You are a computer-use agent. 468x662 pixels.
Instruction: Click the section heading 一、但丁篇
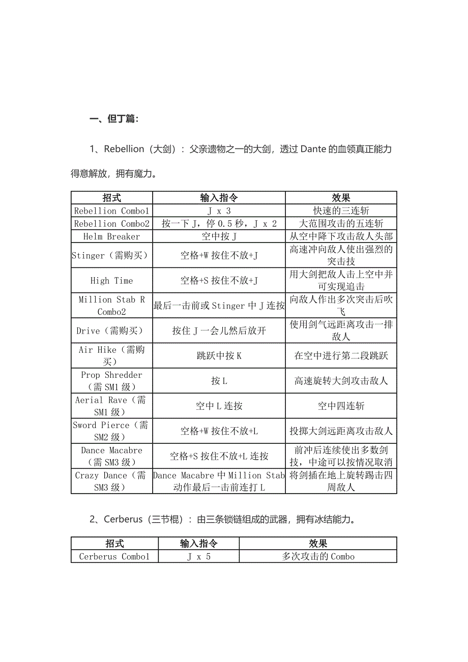pyautogui.click(x=114, y=119)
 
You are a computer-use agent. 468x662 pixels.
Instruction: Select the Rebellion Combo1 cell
pyautogui.click(x=111, y=210)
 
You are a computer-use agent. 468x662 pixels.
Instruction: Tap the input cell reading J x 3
pyautogui.click(x=219, y=210)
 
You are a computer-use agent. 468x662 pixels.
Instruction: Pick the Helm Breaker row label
pyautogui.click(x=111, y=236)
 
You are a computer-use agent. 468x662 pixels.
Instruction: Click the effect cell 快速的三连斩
pyautogui.click(x=341, y=210)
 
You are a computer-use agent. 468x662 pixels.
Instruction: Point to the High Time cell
pyautogui.click(x=111, y=281)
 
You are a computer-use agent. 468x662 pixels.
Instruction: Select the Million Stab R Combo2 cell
pyautogui.click(x=111, y=306)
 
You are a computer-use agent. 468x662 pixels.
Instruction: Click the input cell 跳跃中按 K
pyautogui.click(x=219, y=356)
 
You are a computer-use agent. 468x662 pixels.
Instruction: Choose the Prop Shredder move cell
pyautogui.click(x=111, y=381)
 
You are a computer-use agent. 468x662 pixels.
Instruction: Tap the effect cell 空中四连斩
pyautogui.click(x=341, y=406)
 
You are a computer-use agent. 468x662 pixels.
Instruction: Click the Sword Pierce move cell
pyautogui.click(x=111, y=431)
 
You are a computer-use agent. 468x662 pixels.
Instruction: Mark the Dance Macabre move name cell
pyautogui.click(x=111, y=456)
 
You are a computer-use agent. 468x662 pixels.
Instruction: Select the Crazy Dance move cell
pyautogui.click(x=111, y=481)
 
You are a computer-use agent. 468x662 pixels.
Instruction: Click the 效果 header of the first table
pyautogui.click(x=341, y=198)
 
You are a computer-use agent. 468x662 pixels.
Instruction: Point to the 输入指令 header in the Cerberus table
pyautogui.click(x=198, y=544)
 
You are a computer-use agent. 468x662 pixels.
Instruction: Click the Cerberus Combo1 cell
pyautogui.click(x=114, y=556)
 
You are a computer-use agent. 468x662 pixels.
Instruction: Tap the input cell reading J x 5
pyautogui.click(x=198, y=556)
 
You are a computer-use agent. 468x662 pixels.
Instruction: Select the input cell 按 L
pyautogui.click(x=219, y=381)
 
